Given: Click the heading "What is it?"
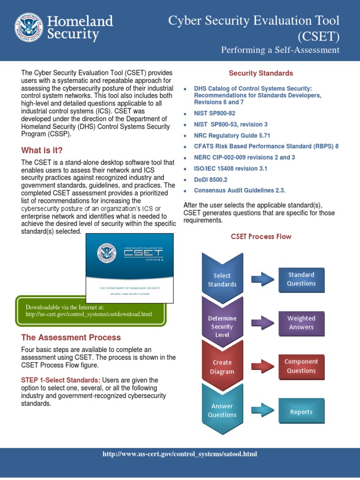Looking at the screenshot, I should pos(42,150).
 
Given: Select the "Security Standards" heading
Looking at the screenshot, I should pos(261,73).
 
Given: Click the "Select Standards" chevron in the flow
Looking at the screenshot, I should pos(222,279).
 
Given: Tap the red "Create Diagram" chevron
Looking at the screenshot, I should pos(222,367).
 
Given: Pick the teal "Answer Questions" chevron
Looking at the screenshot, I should pos(222,410).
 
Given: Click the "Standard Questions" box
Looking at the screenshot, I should pos(301,279).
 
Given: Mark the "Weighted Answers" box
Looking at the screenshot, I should pos(301,322).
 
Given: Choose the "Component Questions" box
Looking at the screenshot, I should pos(301,366).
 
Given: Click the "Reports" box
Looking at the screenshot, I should pos(301,412).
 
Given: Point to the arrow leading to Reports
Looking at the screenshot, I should pos(262,412).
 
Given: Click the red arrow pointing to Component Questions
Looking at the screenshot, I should pos(262,367).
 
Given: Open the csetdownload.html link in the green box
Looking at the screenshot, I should pos(89,314).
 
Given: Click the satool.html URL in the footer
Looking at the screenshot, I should pos(180,454).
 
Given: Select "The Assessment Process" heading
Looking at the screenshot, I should pos(71,337).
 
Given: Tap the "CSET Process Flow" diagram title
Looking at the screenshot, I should pos(261,237).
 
